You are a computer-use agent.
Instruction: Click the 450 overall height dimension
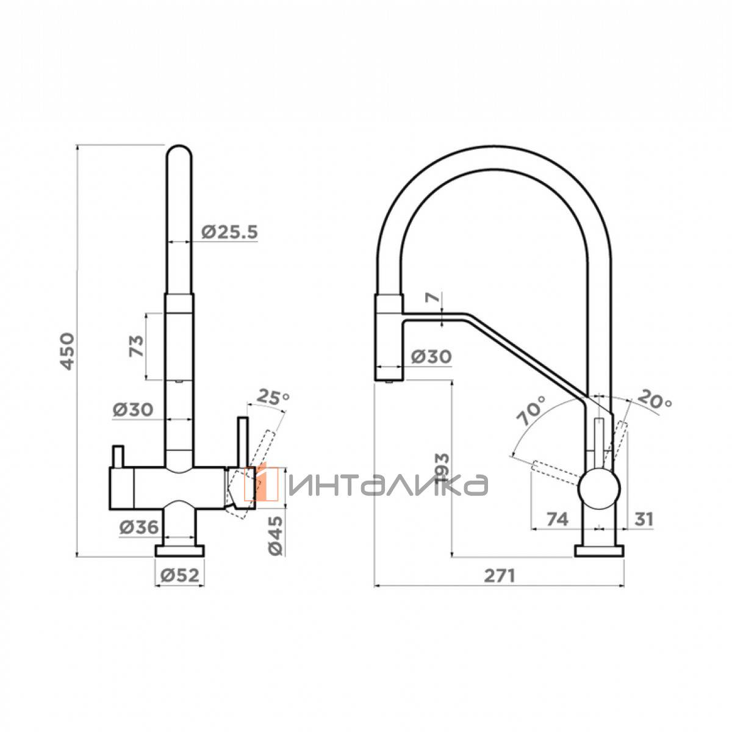coord(68,351)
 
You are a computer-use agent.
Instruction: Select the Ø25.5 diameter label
coord(230,231)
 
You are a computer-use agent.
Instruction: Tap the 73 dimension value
coord(137,346)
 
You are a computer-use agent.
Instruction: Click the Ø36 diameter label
coord(138,526)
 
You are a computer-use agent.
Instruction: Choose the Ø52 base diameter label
coord(179,576)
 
